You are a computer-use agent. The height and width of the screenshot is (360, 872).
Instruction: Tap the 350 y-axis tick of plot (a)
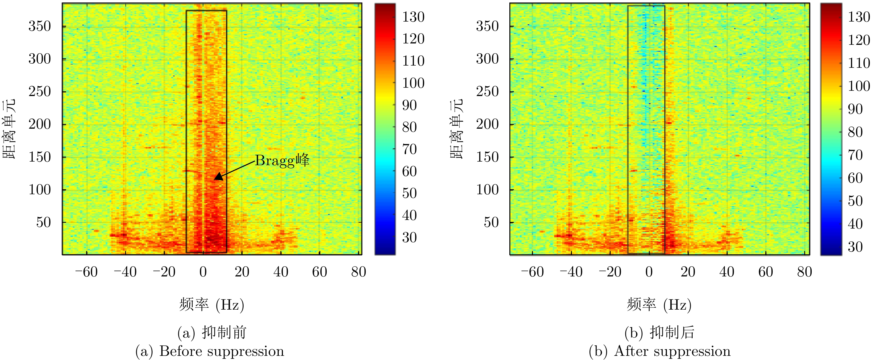coord(40,26)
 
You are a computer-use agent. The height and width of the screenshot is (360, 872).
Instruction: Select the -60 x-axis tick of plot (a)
coord(86,272)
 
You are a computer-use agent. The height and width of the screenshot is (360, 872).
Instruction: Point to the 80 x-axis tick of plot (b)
coord(804,272)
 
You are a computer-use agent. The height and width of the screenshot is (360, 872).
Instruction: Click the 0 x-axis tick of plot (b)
coord(649,272)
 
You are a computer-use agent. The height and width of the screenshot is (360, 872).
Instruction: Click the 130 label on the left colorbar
coord(413,17)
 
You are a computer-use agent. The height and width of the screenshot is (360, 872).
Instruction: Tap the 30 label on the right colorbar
coord(855,247)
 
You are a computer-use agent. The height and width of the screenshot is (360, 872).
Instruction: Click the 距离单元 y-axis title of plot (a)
coord(9,129)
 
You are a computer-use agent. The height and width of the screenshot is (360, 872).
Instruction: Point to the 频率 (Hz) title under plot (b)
coord(659,304)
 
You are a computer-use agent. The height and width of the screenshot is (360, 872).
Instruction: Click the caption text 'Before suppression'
coord(221,351)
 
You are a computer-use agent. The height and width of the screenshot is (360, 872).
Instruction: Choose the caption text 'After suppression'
coord(672,351)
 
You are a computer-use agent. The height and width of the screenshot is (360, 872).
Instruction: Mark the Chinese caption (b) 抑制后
coord(659,332)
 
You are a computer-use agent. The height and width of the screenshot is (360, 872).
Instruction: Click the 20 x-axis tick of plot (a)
coord(242,272)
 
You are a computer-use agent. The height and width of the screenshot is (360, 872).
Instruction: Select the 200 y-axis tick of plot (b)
coord(487,124)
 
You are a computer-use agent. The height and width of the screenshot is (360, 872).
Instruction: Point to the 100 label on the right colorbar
coord(859,86)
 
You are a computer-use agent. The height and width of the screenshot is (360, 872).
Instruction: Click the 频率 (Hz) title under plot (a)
coord(211,304)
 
